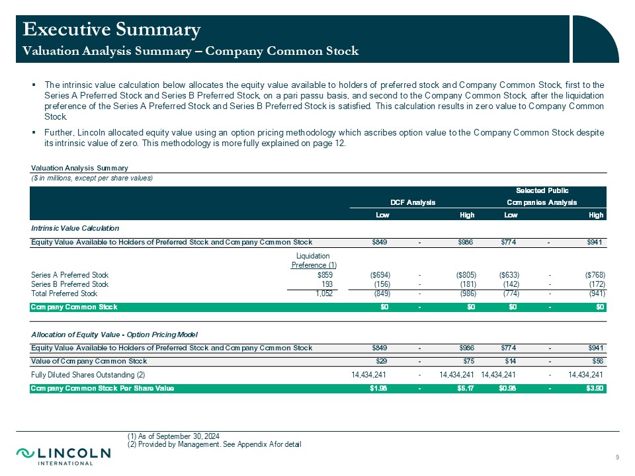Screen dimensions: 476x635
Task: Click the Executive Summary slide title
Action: pos(111,29)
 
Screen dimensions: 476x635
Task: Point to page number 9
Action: pos(616,458)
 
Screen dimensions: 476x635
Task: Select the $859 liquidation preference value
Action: pos(323,274)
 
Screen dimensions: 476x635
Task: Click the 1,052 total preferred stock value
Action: pos(321,293)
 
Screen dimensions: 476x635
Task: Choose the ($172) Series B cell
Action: pos(593,284)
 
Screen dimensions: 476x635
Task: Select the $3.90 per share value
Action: pos(594,388)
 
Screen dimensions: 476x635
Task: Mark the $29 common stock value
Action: pos(382,361)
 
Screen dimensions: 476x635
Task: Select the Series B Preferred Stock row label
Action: pos(69,284)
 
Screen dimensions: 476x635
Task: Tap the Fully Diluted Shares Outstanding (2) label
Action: pos(83,375)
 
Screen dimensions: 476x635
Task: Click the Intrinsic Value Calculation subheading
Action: pos(75,227)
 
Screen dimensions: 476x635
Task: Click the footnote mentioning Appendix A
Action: pos(214,444)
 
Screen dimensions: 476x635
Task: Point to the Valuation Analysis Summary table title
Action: pos(79,168)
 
